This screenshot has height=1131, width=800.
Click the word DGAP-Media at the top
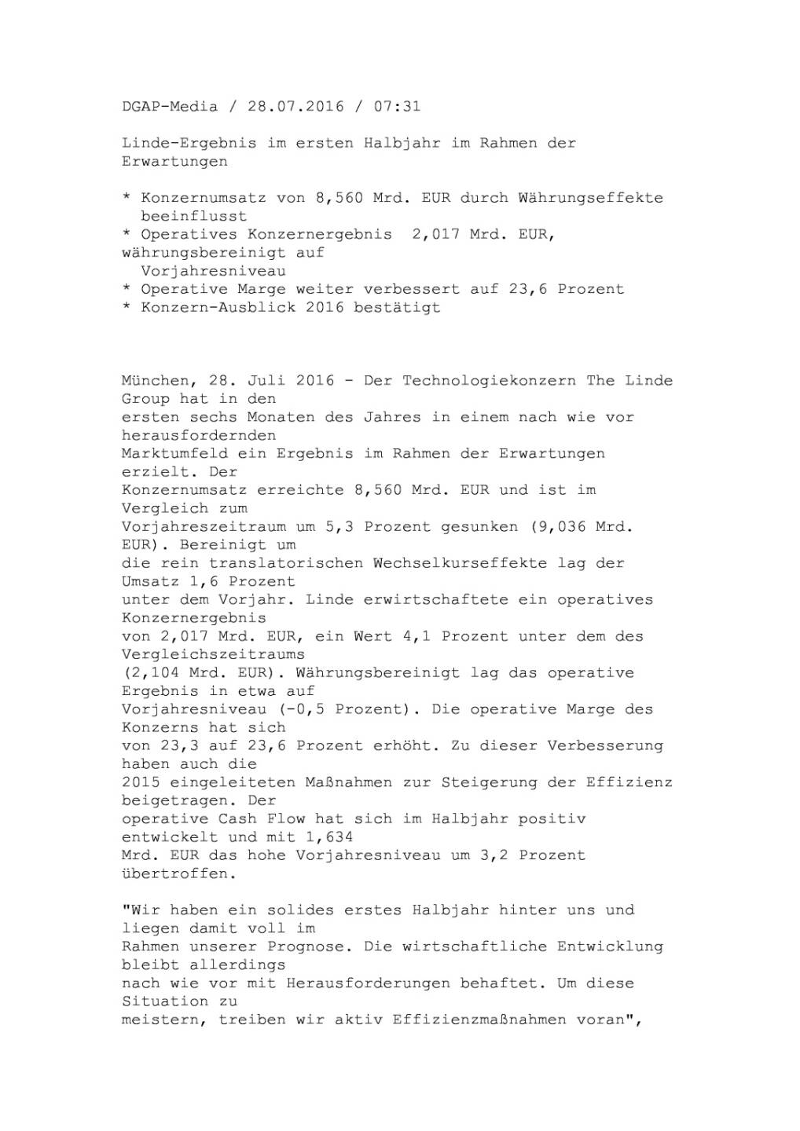(x=170, y=106)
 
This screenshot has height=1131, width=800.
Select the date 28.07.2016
(x=295, y=106)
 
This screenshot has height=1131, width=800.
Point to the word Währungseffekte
(x=590, y=198)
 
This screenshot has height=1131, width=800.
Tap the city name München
(x=156, y=381)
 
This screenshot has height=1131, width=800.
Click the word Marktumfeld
(x=170, y=453)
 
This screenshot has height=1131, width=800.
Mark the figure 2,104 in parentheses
(x=155, y=673)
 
